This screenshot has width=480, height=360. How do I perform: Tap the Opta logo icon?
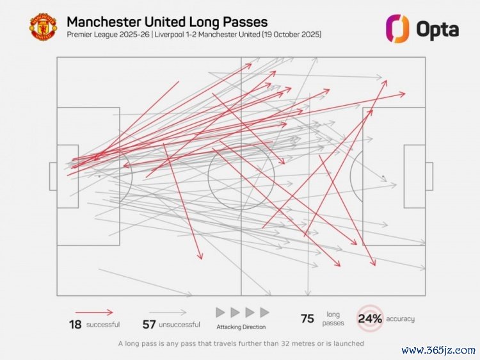[396, 28]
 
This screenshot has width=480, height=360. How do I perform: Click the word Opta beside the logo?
[437, 29]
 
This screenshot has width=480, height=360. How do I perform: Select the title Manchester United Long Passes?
[167, 22]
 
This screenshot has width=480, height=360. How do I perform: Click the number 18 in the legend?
[76, 324]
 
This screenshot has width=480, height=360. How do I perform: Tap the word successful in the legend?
[103, 325]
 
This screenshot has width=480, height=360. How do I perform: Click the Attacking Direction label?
[241, 327]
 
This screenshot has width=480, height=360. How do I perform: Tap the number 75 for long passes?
[307, 319]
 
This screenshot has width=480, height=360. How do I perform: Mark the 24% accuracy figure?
[370, 318]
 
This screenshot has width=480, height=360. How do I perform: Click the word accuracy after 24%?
[400, 319]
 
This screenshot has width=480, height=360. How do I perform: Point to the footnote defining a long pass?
[241, 343]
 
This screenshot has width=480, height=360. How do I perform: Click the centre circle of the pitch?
[241, 176]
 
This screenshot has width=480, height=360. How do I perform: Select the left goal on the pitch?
[53, 176]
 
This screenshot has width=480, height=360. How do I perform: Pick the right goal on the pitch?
[429, 176]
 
